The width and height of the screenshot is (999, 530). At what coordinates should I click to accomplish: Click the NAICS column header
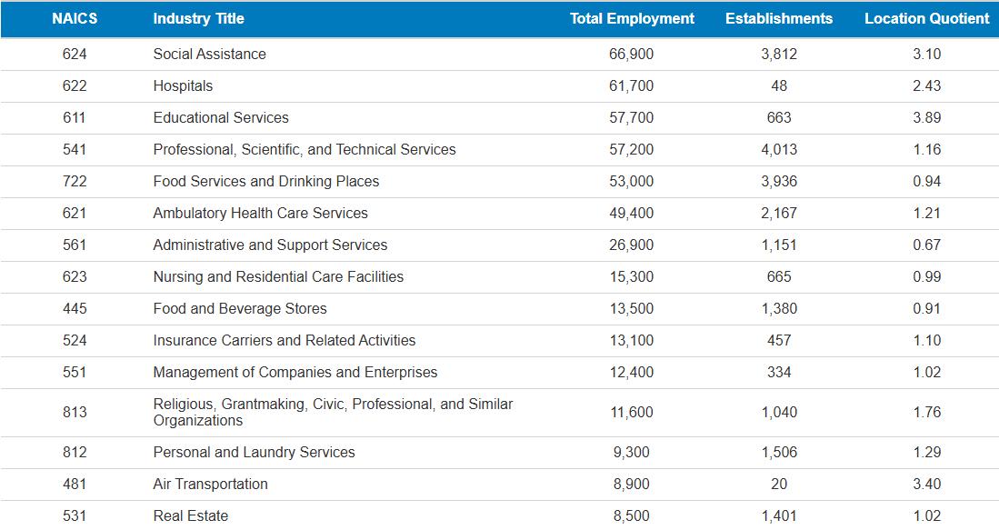(75, 18)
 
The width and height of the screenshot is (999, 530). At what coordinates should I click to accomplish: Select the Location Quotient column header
(926, 18)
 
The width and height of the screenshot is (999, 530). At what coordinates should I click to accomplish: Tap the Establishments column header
(778, 18)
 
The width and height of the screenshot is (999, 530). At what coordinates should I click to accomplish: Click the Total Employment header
(632, 18)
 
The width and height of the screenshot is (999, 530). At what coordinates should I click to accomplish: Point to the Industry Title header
(198, 18)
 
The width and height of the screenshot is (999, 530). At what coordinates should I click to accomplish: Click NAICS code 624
(75, 54)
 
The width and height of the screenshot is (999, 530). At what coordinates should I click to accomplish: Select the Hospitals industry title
(183, 85)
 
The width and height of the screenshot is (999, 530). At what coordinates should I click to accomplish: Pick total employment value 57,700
(631, 117)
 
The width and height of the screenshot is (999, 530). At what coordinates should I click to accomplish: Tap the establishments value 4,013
(778, 149)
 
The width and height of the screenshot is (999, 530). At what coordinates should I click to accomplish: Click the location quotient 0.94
(926, 181)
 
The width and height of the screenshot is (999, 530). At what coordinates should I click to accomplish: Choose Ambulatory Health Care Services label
(260, 213)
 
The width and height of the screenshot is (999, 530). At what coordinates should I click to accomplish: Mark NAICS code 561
(75, 245)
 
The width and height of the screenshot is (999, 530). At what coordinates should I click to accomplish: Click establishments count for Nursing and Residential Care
(778, 276)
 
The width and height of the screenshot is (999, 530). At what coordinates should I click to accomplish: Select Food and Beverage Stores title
(240, 308)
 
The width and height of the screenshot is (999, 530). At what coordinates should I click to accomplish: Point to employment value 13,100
(631, 340)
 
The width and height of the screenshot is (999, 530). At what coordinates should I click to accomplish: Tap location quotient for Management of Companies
(926, 372)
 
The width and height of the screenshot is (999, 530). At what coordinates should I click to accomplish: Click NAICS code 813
(75, 412)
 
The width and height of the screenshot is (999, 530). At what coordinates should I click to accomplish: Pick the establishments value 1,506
(778, 452)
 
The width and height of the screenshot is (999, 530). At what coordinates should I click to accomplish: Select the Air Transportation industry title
(210, 484)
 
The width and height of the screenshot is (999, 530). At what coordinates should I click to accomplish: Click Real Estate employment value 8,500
(631, 515)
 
